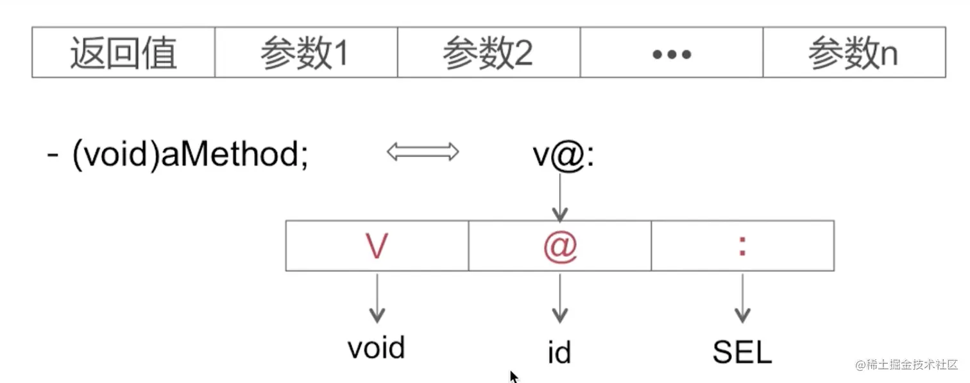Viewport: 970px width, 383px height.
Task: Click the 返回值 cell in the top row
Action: point(123,53)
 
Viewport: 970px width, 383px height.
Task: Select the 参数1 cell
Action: point(305,53)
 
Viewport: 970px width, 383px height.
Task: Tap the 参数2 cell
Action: point(488,53)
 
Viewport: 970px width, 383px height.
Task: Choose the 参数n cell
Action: point(853,53)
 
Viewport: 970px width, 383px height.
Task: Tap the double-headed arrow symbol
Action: point(423,152)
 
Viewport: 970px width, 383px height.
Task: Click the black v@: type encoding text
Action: point(564,156)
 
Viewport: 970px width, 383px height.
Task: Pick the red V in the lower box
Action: point(377,246)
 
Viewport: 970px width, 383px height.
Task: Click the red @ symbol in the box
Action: point(560,246)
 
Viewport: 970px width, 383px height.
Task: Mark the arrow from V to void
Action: point(377,298)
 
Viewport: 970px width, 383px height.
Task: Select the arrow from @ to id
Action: point(560,298)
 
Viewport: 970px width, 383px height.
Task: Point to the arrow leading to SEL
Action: point(742,298)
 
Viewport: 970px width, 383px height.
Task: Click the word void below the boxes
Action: point(377,348)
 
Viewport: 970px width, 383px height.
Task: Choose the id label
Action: point(559,352)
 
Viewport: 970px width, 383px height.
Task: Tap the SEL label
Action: point(742,352)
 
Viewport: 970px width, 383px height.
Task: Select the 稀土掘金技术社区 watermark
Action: point(907,364)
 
